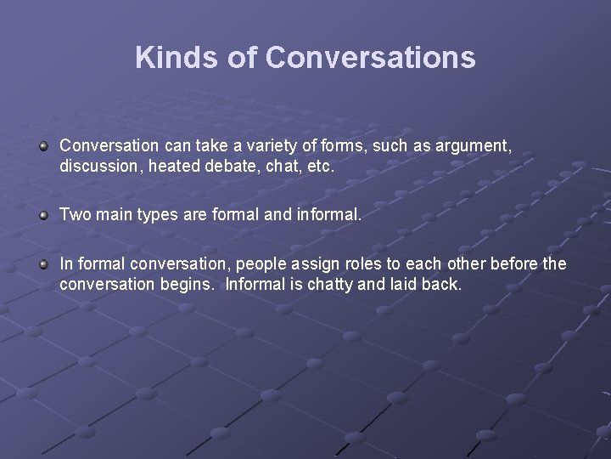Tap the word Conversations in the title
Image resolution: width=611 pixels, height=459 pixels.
click(x=370, y=58)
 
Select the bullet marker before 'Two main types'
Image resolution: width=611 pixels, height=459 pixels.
click(x=43, y=216)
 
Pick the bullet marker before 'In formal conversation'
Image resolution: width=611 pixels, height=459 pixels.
click(x=43, y=265)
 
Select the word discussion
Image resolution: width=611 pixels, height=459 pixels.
click(x=101, y=167)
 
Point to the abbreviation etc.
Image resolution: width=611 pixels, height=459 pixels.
click(x=319, y=167)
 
